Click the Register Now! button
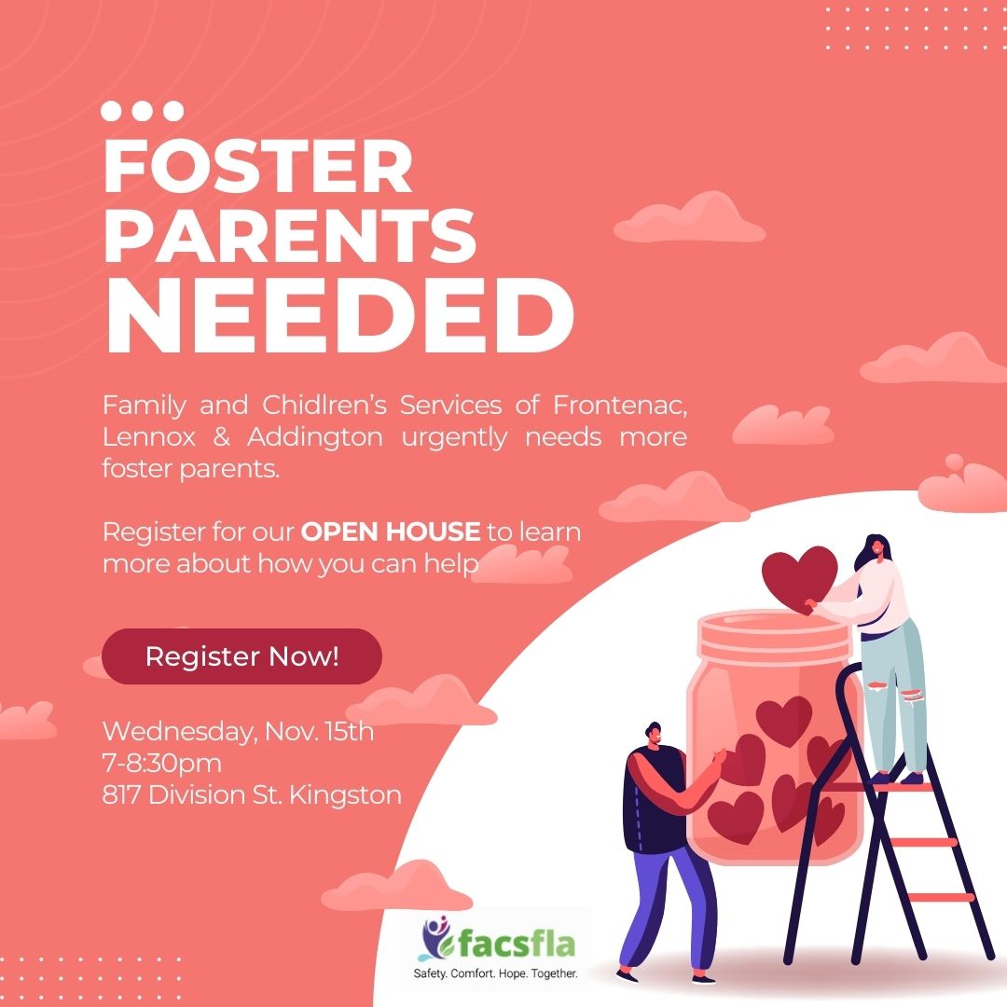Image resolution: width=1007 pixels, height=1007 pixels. tap(241, 656)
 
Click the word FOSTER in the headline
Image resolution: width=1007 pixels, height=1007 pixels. tap(257, 166)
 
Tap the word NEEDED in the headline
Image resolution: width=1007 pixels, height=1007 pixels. tap(339, 317)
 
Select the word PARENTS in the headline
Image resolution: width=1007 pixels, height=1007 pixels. tap(290, 235)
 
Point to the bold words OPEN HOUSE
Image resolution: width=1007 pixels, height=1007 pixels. tap(391, 531)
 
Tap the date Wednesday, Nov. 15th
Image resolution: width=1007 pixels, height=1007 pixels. tap(238, 732)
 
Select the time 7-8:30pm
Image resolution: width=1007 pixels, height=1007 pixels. tap(162, 763)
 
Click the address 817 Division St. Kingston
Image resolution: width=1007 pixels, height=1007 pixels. tap(252, 795)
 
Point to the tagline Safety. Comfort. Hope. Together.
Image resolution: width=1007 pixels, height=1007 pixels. tap(495, 973)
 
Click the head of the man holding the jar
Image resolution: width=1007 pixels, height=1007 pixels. tap(653, 735)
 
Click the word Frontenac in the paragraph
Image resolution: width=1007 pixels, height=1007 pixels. tap(620, 406)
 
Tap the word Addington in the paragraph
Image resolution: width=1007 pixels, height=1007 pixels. tap(315, 436)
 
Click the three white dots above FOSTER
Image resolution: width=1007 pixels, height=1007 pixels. tap(142, 110)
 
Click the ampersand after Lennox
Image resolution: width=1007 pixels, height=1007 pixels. tap(221, 437)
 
